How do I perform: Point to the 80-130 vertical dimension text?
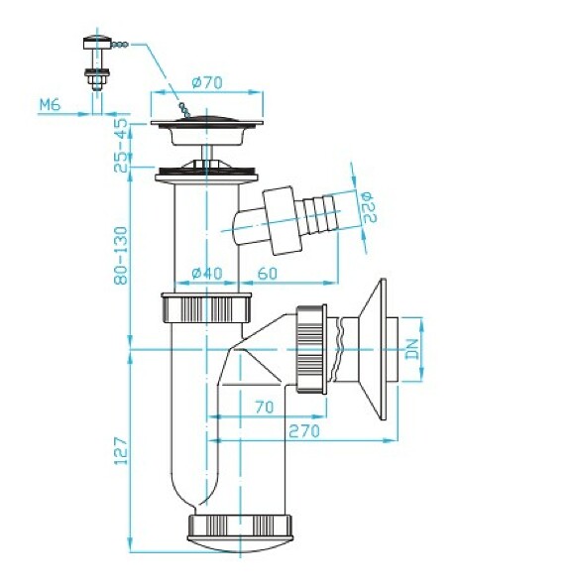[121, 253]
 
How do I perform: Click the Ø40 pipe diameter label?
[205, 274]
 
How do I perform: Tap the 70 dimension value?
[264, 407]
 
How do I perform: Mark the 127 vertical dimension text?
[121, 452]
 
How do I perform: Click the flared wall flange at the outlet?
[376, 348]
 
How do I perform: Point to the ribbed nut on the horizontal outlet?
[311, 349]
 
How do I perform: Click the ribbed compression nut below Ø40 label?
[205, 308]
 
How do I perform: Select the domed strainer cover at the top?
[205, 122]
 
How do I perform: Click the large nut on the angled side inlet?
[280, 219]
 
